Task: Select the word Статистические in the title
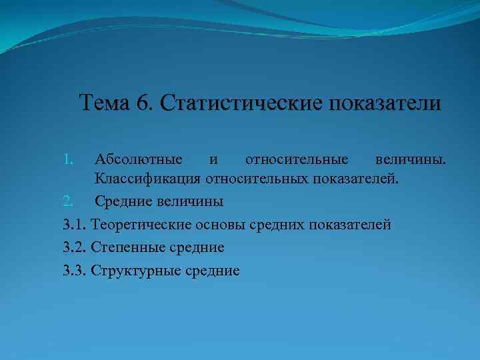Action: pyautogui.click(x=239, y=103)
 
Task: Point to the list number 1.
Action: pyautogui.click(x=67, y=159)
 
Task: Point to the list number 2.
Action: pyautogui.click(x=67, y=201)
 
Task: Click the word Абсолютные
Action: pyautogui.click(x=139, y=159)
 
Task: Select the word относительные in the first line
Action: pyautogui.click(x=297, y=159)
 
